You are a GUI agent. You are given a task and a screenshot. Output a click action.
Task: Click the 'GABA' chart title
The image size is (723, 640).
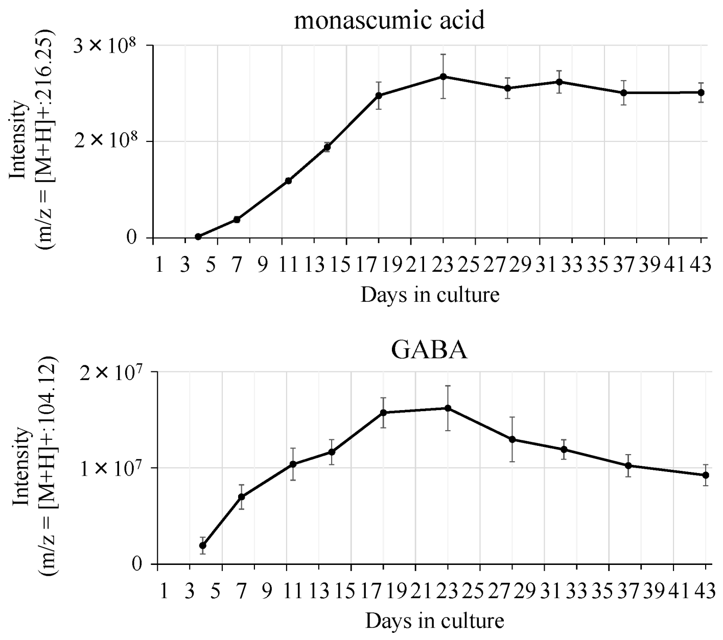click(429, 350)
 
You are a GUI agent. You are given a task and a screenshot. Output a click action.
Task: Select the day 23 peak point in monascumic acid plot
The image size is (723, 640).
click(444, 77)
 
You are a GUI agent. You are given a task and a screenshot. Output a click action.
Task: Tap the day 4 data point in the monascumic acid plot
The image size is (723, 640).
click(198, 236)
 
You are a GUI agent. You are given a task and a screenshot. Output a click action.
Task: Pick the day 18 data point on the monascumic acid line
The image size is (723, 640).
click(379, 96)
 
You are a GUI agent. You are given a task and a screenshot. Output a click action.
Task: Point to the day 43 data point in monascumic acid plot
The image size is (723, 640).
click(701, 92)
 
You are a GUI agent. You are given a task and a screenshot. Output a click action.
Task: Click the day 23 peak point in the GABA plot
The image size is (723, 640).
click(448, 408)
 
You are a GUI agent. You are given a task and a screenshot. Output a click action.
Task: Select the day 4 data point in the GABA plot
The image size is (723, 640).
click(203, 546)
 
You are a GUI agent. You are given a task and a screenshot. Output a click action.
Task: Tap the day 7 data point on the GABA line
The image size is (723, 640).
click(242, 496)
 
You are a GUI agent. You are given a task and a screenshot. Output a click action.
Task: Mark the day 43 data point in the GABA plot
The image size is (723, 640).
click(706, 475)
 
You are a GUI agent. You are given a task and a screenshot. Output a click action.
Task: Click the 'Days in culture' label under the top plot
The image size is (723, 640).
click(430, 295)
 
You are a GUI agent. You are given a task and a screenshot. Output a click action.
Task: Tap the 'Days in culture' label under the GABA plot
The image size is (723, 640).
click(434, 621)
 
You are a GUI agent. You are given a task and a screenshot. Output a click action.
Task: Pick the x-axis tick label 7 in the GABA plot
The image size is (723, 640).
click(242, 592)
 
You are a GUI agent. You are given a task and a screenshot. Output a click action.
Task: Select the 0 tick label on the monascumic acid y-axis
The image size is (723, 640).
click(133, 238)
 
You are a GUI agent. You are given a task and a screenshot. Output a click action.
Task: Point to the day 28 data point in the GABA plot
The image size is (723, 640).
click(512, 439)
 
